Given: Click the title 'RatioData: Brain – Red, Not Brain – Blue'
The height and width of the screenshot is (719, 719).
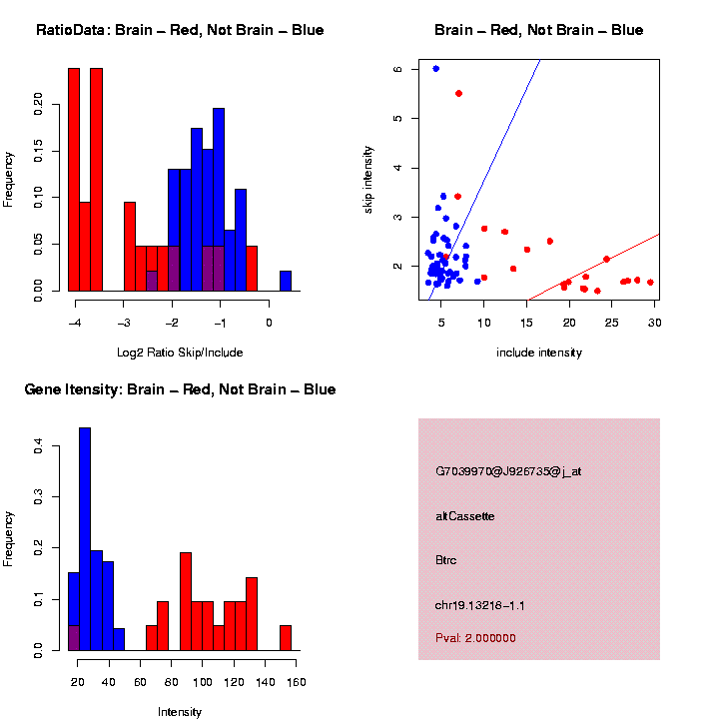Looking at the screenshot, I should pyautogui.click(x=180, y=30).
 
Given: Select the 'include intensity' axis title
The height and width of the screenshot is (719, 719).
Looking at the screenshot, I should pyautogui.click(x=539, y=352).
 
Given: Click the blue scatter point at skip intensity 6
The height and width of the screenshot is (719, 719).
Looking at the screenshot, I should pyautogui.click(x=435, y=69).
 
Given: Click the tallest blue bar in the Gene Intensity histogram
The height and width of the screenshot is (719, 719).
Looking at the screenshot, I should pyautogui.click(x=85, y=539).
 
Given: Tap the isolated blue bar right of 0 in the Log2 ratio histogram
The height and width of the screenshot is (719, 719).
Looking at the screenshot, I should pyautogui.click(x=286, y=281).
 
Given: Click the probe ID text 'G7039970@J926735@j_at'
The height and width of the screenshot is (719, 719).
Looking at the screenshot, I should pyautogui.click(x=508, y=471).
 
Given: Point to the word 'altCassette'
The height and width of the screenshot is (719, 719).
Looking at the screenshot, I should pyautogui.click(x=465, y=516).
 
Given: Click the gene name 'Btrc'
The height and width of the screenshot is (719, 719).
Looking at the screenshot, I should pyautogui.click(x=446, y=560).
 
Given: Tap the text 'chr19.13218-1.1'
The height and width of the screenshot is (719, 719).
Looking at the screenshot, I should pyautogui.click(x=480, y=605).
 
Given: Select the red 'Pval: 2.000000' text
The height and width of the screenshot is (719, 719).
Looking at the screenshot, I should pyautogui.click(x=476, y=638).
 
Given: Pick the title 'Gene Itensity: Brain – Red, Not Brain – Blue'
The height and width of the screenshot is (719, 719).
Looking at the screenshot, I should pyautogui.click(x=181, y=389).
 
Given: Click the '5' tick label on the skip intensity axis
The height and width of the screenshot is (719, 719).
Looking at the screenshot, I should pyautogui.click(x=396, y=118).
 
